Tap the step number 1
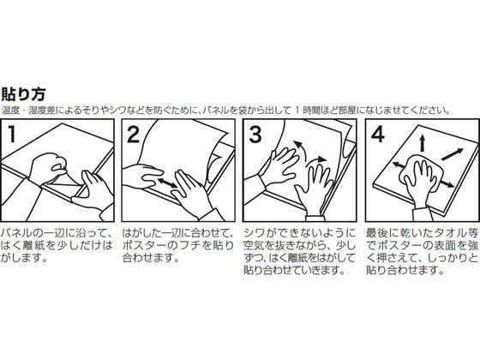click(14, 134)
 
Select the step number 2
click(133, 135)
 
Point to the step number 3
click(254, 135)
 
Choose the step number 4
click(375, 134)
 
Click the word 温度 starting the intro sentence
click(9, 109)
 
